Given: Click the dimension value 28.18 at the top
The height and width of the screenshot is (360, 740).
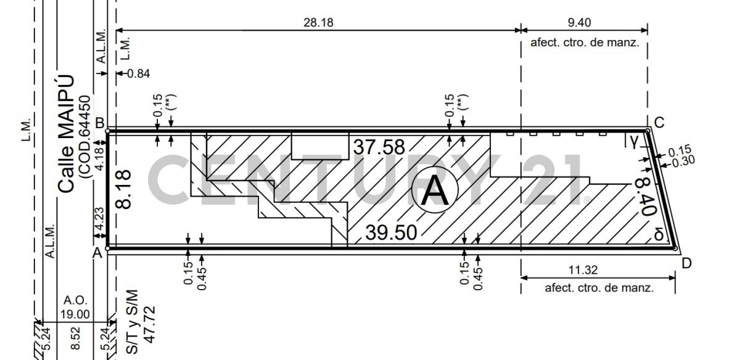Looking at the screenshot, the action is pos(318,22).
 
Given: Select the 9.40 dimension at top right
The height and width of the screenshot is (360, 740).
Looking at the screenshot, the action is pos(580,22).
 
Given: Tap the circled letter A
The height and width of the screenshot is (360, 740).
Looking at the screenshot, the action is pos(435,190).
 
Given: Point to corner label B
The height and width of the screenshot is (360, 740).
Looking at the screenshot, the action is pos(100,123).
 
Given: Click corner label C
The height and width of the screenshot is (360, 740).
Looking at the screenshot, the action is pos(659,123).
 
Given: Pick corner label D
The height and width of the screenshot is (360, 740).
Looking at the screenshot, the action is pos(686,263).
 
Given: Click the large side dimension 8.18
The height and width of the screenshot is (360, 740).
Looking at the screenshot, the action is pos(124,189).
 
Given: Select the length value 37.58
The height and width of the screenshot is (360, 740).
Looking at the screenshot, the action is pos(379,147).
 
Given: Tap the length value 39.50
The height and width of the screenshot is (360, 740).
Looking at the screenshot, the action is pos(391,232).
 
